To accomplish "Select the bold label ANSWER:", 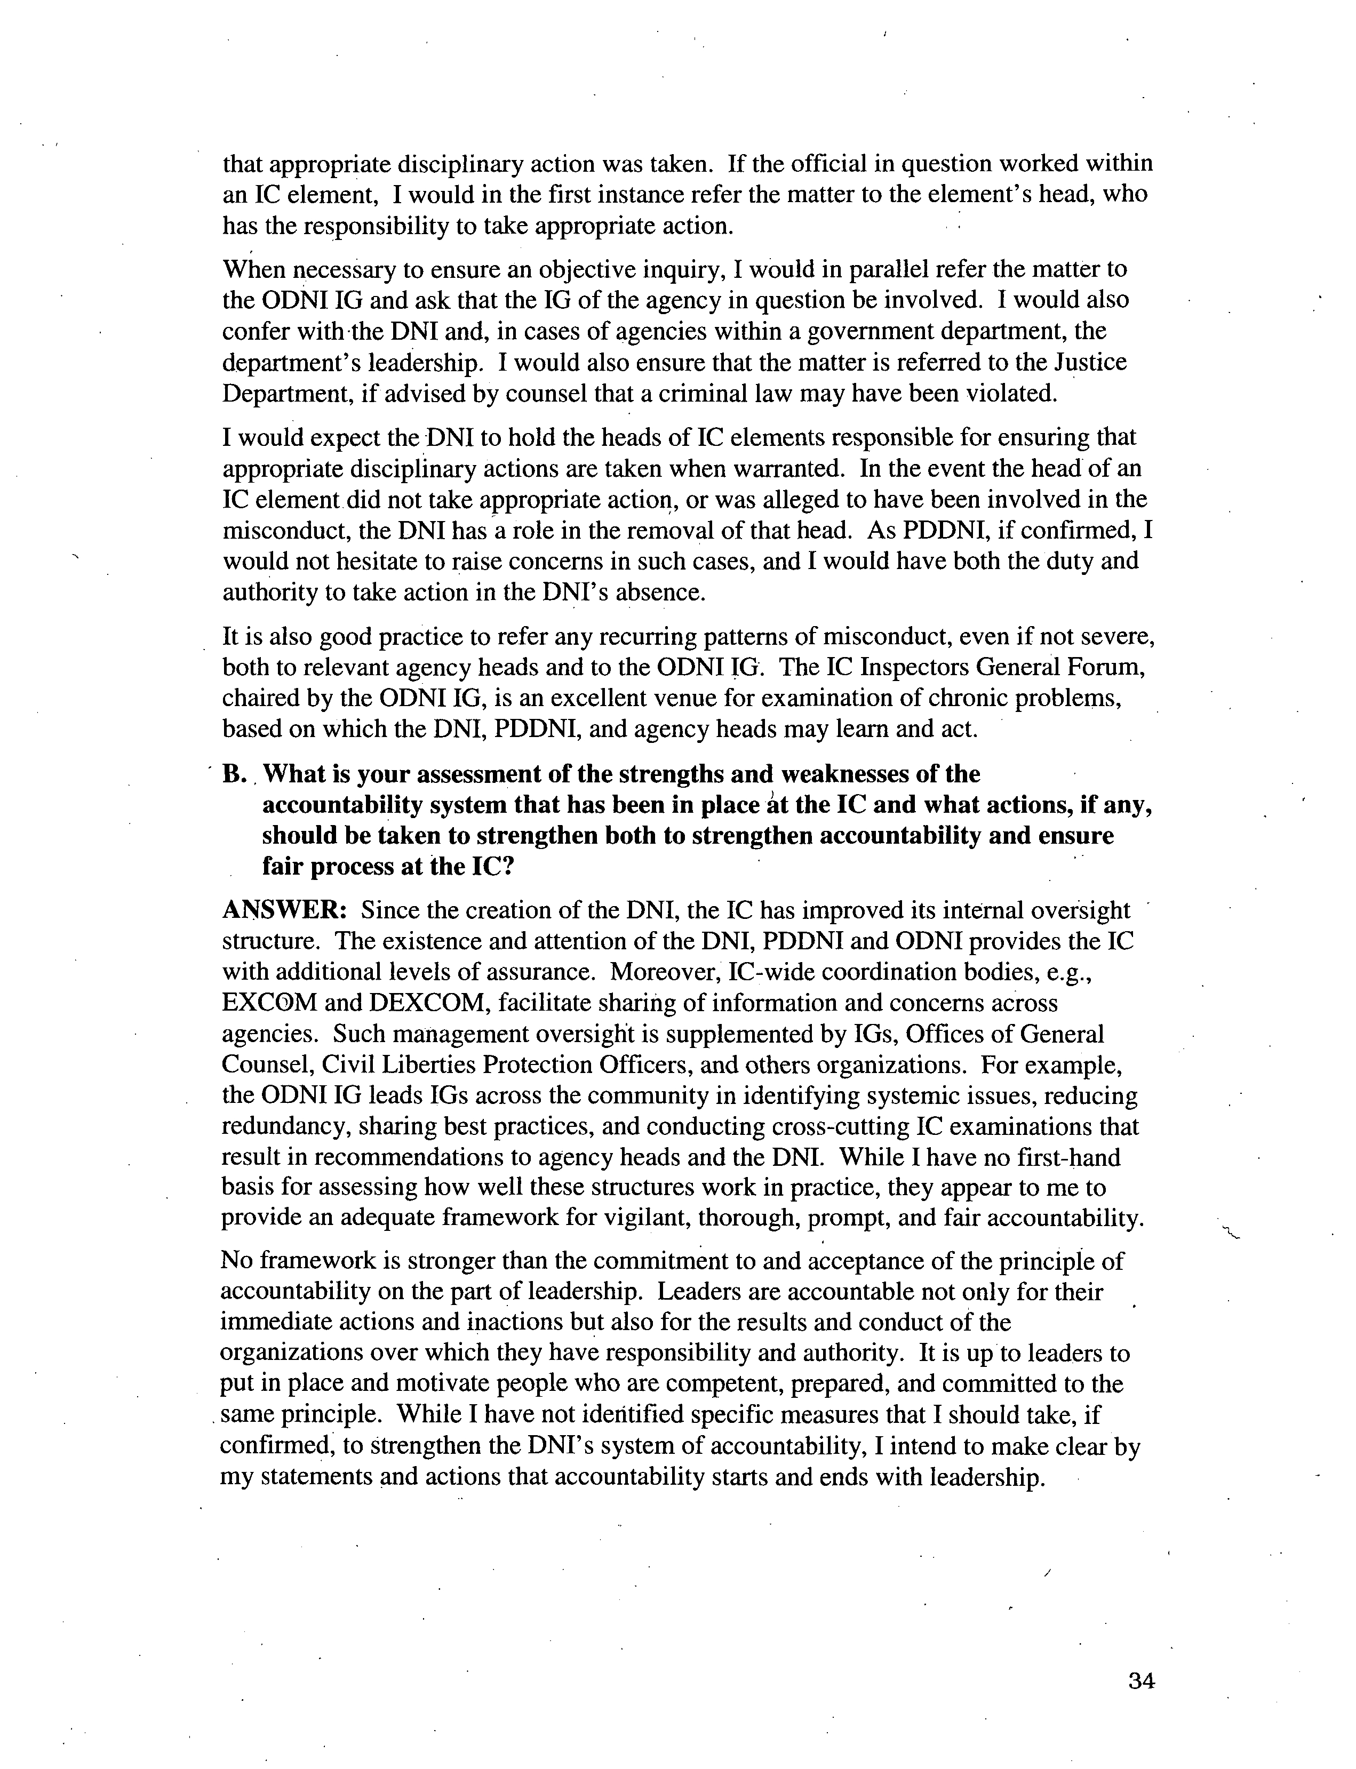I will (284, 910).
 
